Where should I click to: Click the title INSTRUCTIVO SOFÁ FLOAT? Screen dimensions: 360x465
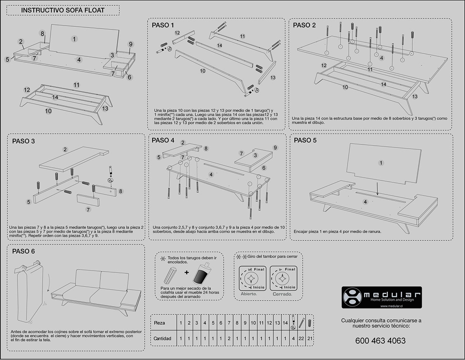62,10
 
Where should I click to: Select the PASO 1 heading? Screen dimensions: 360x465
163,26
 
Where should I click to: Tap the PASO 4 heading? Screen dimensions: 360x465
163,140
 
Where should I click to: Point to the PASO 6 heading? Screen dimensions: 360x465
23,251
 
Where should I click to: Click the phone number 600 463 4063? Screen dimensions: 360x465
381,341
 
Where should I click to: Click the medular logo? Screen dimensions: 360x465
381,297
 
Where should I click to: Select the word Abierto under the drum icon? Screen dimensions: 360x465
249,294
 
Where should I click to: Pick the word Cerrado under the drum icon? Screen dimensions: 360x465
282,294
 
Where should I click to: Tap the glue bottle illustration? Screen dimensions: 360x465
201,273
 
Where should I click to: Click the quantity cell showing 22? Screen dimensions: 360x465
301,338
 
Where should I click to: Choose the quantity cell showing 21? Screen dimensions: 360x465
309,338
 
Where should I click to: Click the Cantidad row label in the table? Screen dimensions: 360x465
162,338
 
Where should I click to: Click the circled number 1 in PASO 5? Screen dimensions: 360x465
381,163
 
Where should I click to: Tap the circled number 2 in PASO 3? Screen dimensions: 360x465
65,149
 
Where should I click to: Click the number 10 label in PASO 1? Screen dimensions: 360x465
202,71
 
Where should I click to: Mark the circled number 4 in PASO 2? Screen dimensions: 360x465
382,58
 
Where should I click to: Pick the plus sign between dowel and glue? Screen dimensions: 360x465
187,273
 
